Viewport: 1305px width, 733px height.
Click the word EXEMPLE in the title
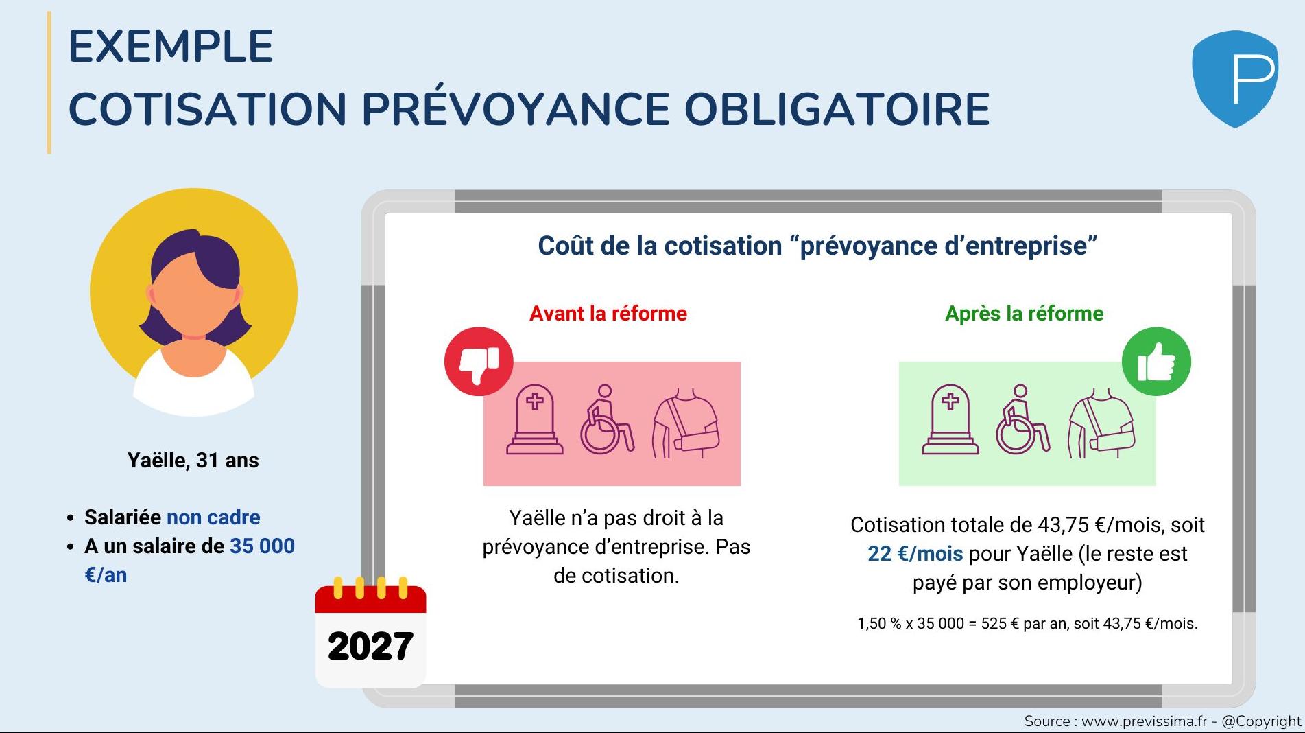tap(171, 47)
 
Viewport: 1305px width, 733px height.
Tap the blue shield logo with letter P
tap(1235, 78)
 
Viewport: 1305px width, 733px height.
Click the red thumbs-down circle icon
tap(479, 361)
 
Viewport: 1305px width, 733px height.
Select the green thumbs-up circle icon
tap(1156, 361)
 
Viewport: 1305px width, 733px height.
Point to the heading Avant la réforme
tap(608, 314)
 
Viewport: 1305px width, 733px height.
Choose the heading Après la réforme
tap(1025, 314)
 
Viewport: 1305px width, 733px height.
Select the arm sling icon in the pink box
tap(685, 423)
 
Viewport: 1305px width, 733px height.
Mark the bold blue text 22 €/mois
tap(915, 554)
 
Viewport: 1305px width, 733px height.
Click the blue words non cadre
tap(213, 517)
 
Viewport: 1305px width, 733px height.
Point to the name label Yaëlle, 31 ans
tap(193, 461)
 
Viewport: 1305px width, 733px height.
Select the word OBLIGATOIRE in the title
tap(837, 109)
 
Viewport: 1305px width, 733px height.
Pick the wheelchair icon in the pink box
tap(606, 419)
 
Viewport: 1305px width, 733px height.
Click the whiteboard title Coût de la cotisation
tap(660, 246)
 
